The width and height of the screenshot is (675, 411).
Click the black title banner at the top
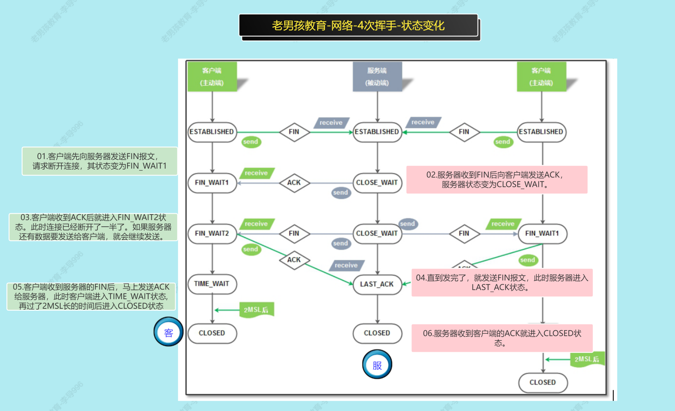click(x=358, y=25)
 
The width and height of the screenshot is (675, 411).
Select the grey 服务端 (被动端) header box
click(x=377, y=77)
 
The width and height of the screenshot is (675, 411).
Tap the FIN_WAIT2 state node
click(x=212, y=234)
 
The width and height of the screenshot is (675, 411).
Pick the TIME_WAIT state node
click(x=212, y=284)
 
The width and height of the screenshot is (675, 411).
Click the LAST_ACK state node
click(x=377, y=284)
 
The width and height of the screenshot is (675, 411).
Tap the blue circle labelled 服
click(x=377, y=365)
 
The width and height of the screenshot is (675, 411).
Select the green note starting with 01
click(x=100, y=161)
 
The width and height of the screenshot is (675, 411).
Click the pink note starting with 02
click(x=497, y=180)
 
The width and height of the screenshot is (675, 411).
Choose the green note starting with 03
click(x=93, y=227)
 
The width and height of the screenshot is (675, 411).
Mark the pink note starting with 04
click(x=502, y=283)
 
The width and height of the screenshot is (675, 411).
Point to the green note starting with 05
click(x=91, y=296)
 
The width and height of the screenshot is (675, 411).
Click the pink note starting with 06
click(x=502, y=338)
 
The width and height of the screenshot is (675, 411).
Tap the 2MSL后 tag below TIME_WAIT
click(x=256, y=310)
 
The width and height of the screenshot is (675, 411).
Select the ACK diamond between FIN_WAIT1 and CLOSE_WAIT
click(x=294, y=183)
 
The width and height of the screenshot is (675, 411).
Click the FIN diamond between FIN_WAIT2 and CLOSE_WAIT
click(x=294, y=234)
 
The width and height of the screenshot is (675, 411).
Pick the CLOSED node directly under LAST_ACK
click(x=377, y=333)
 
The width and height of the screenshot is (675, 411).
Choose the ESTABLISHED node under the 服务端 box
click(x=377, y=132)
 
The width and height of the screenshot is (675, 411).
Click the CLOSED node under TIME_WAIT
click(x=212, y=333)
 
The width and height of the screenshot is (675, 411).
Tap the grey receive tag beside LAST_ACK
click(x=346, y=265)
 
